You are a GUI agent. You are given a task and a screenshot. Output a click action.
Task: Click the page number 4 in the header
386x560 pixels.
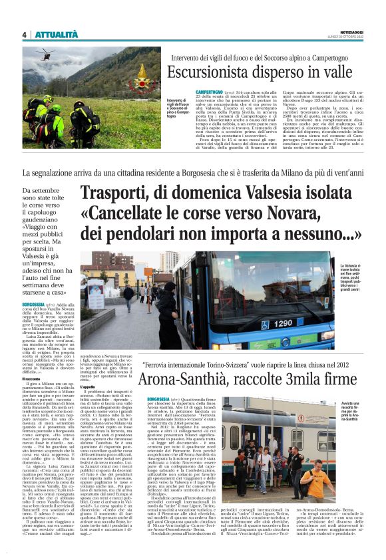coord(24,35)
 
